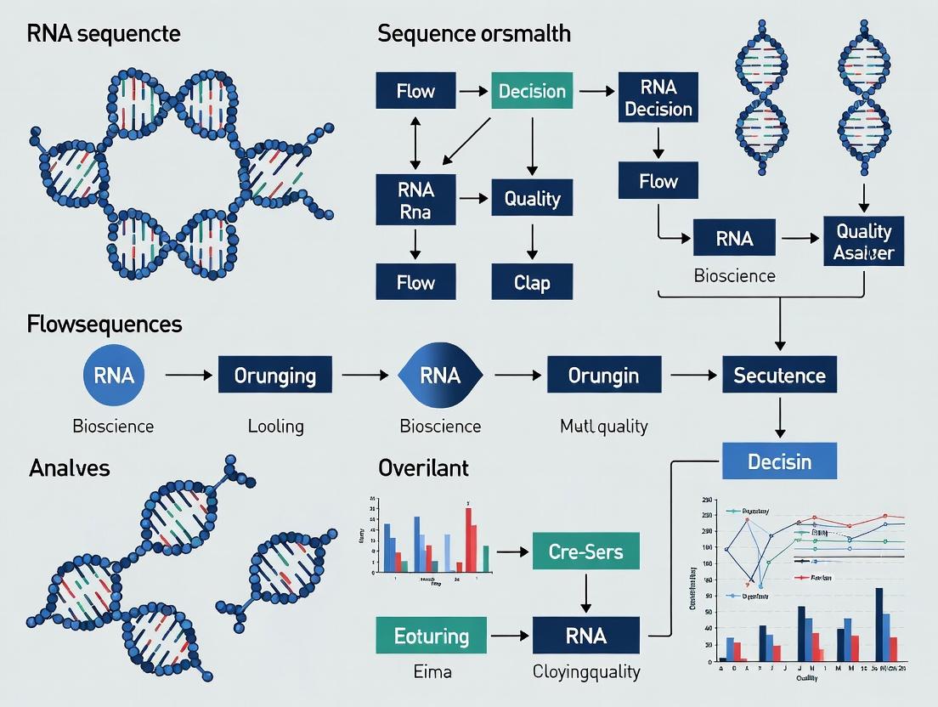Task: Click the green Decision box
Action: coord(532,91)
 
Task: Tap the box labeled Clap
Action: coord(532,282)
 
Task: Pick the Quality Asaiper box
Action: coord(863,241)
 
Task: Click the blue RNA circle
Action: coord(114,375)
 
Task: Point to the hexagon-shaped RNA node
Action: coord(440,375)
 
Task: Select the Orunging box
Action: coord(274,375)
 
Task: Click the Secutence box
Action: coord(779,375)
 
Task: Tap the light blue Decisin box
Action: coord(779,461)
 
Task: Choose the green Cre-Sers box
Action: coord(585,551)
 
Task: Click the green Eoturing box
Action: coord(432,636)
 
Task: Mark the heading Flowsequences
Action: coord(105,324)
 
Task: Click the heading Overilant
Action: coord(423,467)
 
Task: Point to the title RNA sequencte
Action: coord(104,35)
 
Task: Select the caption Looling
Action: coord(275,426)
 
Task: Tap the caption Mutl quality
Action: coord(604,426)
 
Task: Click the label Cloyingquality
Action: coord(586,672)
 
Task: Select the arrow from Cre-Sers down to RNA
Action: coord(585,593)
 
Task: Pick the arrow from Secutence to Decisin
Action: coord(779,417)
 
